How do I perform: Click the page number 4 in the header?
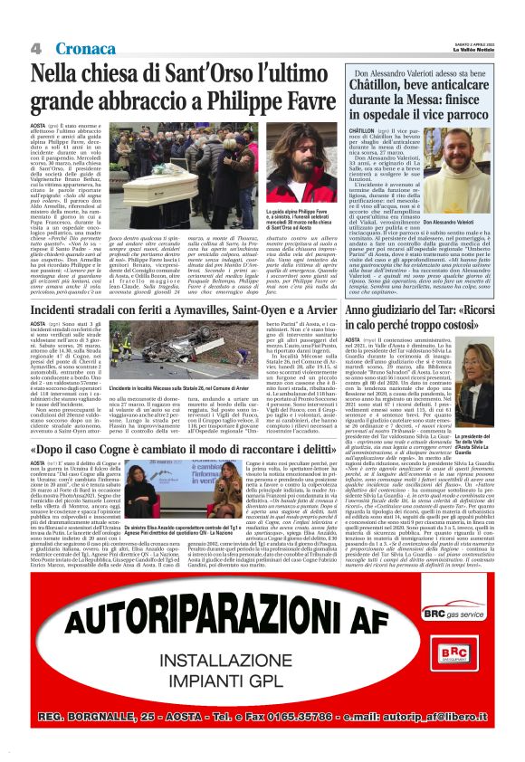[x=36, y=47]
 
